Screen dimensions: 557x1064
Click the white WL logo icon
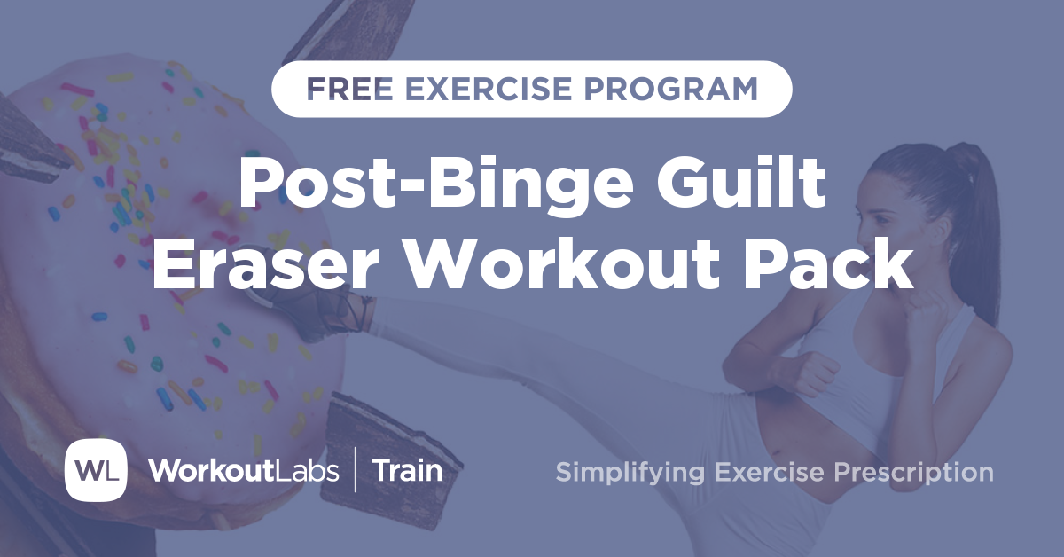pyautogui.click(x=96, y=469)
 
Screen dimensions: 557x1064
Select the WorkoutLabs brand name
pyautogui.click(x=244, y=470)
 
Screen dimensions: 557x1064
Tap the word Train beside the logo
pyautogui.click(x=407, y=470)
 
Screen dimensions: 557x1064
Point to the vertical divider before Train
pyautogui.click(x=356, y=470)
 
